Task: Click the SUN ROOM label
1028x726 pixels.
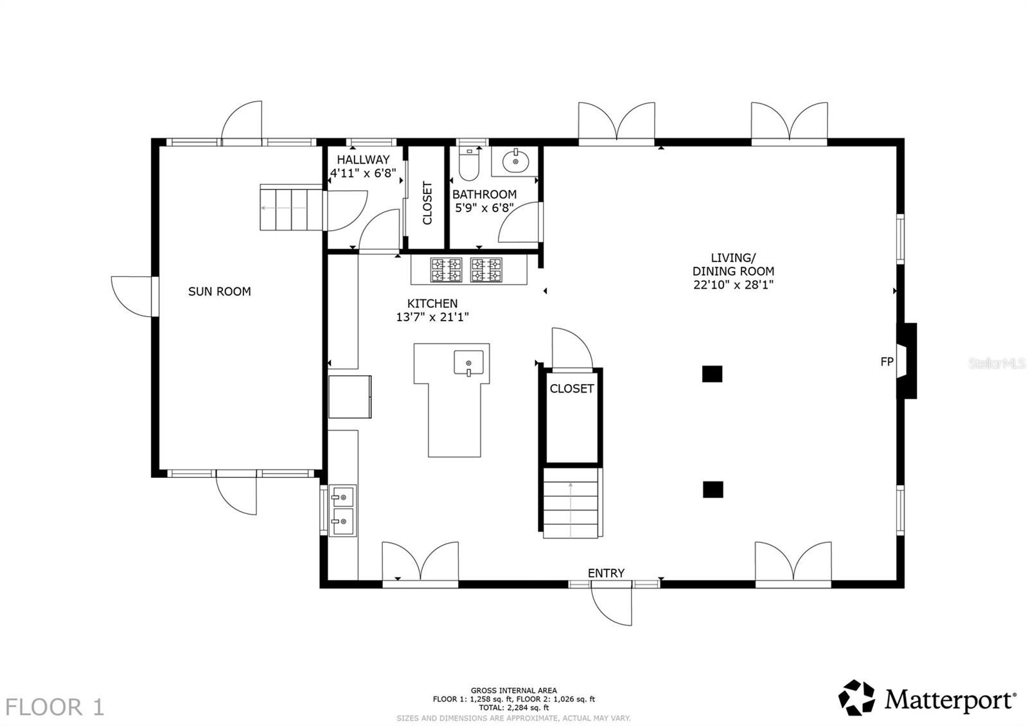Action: point(219,291)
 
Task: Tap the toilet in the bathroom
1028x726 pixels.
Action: point(469,166)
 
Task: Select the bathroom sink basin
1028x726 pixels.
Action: point(515,161)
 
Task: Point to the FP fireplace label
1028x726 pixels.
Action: point(887,362)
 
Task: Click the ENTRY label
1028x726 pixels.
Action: point(606,573)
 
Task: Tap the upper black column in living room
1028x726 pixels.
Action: point(712,374)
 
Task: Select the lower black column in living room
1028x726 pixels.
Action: point(713,490)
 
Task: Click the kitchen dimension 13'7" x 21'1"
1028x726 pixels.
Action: point(432,317)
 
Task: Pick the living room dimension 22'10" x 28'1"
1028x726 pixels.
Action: point(732,285)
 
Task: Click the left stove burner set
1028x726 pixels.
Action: point(446,269)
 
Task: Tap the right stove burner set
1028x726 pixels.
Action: point(486,269)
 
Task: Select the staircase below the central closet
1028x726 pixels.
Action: point(571,503)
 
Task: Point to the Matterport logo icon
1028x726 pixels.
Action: point(856,698)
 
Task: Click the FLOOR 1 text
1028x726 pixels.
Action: point(55,707)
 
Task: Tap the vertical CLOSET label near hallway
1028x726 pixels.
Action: point(427,203)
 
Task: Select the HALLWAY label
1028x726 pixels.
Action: point(363,159)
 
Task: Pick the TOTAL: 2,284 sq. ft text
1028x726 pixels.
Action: point(513,707)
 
